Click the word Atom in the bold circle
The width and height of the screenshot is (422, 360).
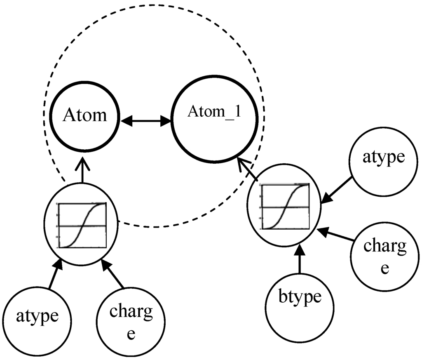coord(84,115)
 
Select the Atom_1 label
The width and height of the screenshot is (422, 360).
coord(214,112)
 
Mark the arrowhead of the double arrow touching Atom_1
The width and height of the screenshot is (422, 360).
coord(167,121)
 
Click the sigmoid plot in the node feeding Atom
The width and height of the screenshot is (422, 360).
coord(82,225)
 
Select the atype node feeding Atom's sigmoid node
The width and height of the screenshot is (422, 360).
coord(38,316)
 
